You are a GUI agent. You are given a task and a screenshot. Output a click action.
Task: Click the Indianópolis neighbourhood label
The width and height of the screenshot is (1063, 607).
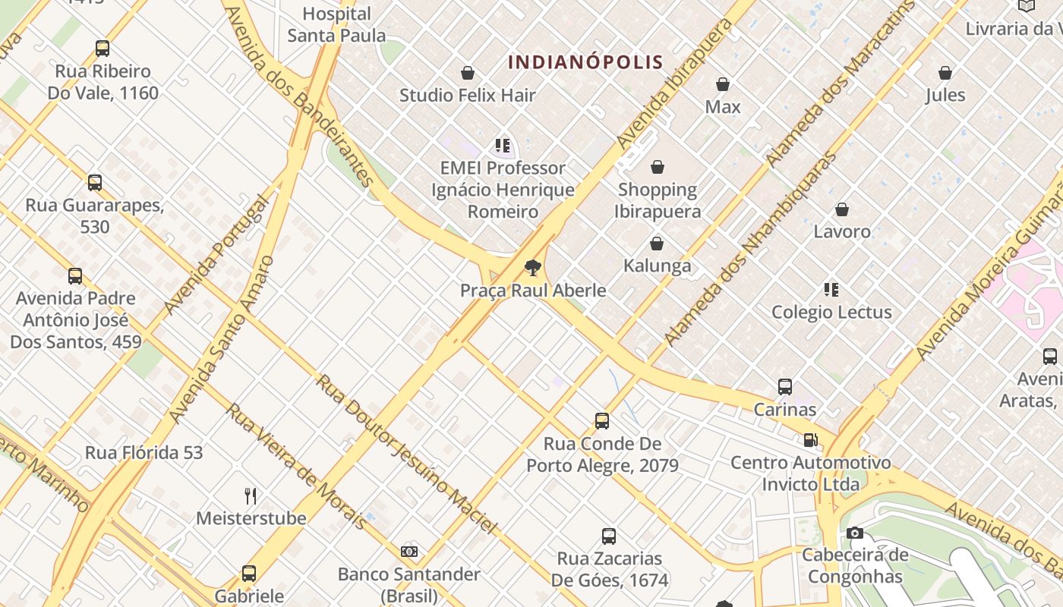[x=585, y=62]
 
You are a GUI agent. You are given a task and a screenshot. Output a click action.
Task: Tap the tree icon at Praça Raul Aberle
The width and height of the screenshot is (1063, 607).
[x=533, y=267]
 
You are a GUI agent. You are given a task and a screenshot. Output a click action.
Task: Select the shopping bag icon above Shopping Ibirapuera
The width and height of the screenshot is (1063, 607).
[x=658, y=167]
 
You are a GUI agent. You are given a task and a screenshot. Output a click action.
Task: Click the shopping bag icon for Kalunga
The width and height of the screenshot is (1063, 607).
[x=657, y=244]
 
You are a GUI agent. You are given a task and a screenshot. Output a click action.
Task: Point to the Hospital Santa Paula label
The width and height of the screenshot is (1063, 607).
[x=336, y=24]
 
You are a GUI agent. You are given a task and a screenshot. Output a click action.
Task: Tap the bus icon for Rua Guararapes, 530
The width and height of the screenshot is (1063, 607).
[x=95, y=183]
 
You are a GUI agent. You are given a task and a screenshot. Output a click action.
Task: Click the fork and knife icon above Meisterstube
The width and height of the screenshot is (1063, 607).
[x=251, y=496]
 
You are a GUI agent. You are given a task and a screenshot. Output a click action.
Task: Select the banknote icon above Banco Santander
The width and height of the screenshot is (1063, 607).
[x=409, y=552]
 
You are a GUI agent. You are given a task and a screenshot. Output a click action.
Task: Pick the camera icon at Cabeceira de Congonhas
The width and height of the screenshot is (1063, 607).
[x=855, y=533]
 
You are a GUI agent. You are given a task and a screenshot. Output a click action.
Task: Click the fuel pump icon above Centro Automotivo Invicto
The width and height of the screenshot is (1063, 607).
[x=810, y=440]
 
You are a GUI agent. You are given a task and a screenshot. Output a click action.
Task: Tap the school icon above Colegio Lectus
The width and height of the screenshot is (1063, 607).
[x=831, y=290]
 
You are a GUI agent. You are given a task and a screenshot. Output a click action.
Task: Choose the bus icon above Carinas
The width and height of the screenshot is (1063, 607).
[x=785, y=387]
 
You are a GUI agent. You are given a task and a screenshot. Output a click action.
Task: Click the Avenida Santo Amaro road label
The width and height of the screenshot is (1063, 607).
[x=222, y=339]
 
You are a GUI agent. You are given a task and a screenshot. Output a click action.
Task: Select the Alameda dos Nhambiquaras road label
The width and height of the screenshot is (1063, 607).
[x=749, y=248]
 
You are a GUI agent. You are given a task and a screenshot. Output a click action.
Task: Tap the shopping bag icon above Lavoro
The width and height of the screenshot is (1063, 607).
[x=842, y=209]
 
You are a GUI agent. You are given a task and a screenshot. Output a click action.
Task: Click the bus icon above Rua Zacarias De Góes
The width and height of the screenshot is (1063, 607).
[x=609, y=536]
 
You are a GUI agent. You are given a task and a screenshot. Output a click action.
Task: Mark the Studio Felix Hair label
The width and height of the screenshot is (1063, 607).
[x=468, y=96]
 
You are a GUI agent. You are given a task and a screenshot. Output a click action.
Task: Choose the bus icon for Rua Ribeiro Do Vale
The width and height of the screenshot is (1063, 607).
[x=103, y=49]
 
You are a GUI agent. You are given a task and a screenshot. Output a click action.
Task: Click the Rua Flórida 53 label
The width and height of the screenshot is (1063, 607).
[x=144, y=453]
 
